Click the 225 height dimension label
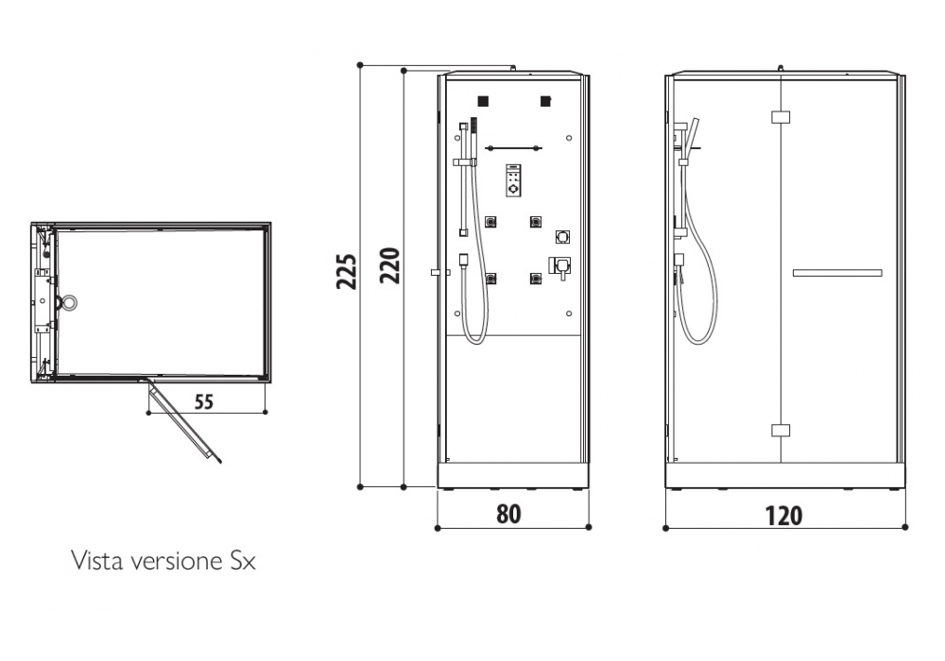347,271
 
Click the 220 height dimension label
391,266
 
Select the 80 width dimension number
508,514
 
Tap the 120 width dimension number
783,515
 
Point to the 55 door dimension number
204,400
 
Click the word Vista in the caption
94,561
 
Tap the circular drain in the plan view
68,302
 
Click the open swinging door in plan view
184,420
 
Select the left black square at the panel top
483,101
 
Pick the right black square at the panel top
545,101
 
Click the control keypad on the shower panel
513,180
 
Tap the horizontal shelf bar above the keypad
513,148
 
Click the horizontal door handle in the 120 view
836,273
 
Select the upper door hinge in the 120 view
780,117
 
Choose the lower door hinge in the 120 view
780,430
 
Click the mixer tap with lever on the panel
560,267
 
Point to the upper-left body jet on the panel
491,223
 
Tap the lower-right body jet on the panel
536,279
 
